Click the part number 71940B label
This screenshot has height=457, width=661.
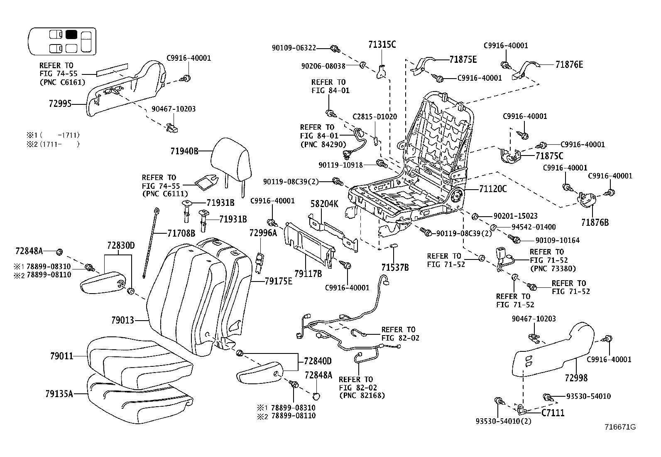pos(184,151)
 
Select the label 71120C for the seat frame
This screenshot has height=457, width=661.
pos(493,189)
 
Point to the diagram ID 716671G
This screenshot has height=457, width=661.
pos(620,427)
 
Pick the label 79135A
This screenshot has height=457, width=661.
pos(59,393)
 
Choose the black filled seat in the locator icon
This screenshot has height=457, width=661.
pos(71,35)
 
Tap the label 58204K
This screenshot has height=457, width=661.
pos(324,204)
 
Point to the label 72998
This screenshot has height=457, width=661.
pos(576,378)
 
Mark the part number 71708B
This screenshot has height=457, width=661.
pos(181,233)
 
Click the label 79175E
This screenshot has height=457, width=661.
pos(278,281)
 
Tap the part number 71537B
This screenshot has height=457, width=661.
pos(395,267)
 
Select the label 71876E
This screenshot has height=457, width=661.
pos(569,64)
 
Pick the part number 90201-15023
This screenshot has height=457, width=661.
pos(515,216)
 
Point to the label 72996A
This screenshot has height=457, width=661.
pos(263,233)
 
